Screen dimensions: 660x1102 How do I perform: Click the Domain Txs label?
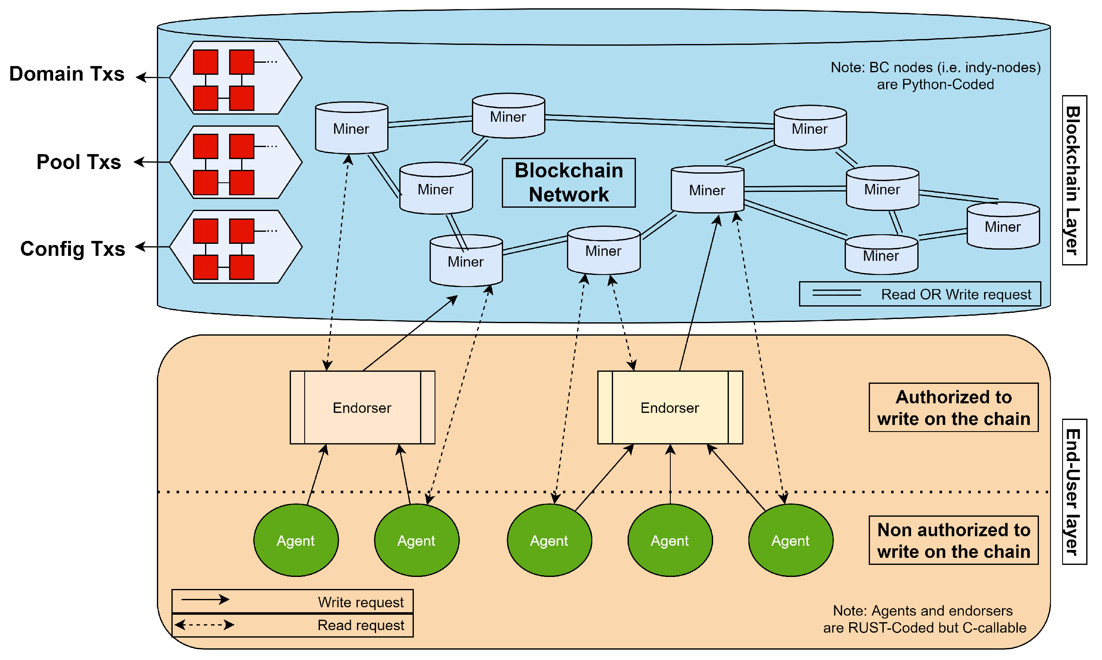click(x=67, y=74)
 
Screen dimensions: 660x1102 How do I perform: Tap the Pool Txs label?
click(x=78, y=162)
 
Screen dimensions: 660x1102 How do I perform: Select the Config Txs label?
click(x=73, y=249)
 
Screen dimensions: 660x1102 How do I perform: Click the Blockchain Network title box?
click(x=568, y=183)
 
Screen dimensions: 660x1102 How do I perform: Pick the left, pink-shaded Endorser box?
click(x=362, y=407)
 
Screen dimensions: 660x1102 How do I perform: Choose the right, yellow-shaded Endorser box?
click(x=670, y=407)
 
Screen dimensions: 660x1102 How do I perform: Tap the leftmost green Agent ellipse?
click(x=296, y=540)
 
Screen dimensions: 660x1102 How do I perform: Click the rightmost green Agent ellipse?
click(x=791, y=540)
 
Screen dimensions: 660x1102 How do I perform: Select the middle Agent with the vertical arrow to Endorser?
click(x=670, y=540)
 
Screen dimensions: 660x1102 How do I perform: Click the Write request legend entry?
click(x=292, y=601)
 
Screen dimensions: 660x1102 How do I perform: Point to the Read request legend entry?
click(x=292, y=625)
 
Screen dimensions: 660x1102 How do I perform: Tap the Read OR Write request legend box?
click(x=919, y=294)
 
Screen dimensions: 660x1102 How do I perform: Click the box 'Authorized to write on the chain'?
click(x=953, y=407)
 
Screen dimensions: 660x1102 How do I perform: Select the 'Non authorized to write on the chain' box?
click(x=953, y=540)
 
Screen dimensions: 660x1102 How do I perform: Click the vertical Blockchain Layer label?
click(x=1074, y=180)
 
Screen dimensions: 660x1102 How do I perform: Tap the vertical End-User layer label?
click(x=1074, y=492)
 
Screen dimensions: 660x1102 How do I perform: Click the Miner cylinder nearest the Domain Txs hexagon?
click(x=352, y=128)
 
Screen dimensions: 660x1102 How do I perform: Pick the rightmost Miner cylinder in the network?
click(x=1003, y=226)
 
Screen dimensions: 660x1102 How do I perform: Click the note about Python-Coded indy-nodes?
click(x=936, y=76)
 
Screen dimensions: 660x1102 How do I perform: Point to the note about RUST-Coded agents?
click(x=924, y=619)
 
